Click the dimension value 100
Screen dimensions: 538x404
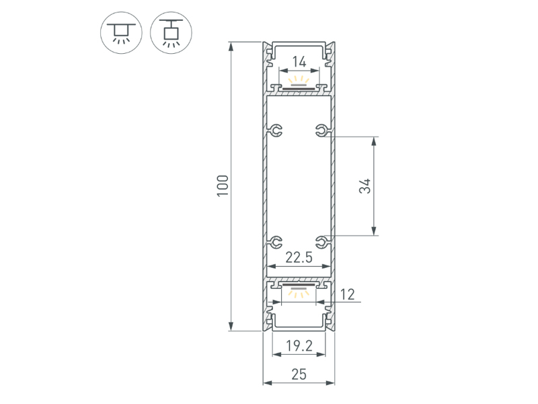(x=223, y=186)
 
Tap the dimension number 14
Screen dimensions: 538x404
(x=299, y=62)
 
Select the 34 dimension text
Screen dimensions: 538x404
(x=365, y=186)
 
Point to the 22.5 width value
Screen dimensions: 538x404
(x=299, y=257)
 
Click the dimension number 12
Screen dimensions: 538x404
(x=347, y=294)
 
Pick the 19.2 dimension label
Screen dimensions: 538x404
(x=299, y=346)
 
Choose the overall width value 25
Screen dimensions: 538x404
(x=299, y=374)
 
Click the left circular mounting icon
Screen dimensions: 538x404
(x=121, y=32)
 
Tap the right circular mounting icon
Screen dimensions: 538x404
(x=171, y=32)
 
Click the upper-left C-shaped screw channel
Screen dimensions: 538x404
(x=276, y=130)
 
